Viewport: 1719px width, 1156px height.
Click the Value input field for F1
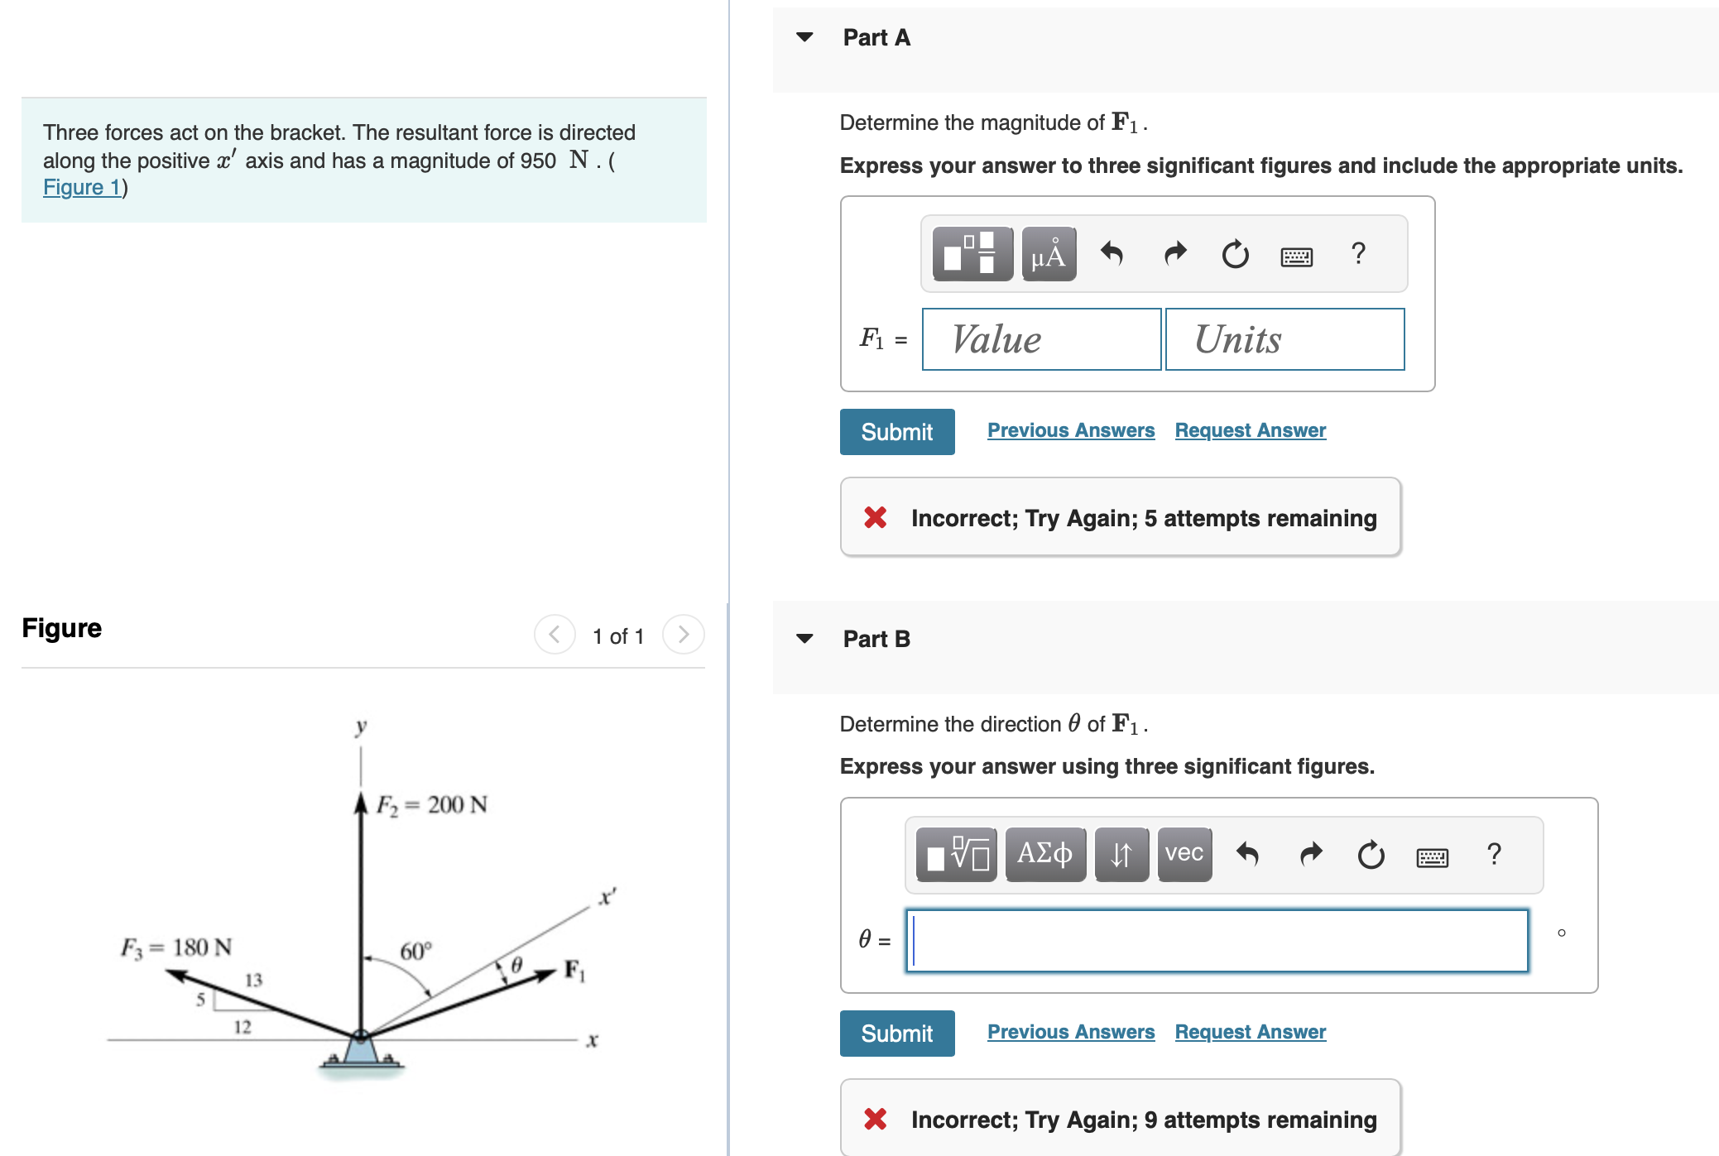pyautogui.click(x=1040, y=339)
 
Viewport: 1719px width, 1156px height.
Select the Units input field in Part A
pyautogui.click(x=1284, y=339)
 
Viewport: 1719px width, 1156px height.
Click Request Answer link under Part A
pyautogui.click(x=1250, y=430)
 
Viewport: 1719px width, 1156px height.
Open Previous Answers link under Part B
pyautogui.click(x=1070, y=1032)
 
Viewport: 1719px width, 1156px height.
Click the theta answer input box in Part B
pyautogui.click(x=1217, y=941)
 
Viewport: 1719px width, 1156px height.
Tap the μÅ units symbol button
pyautogui.click(x=1048, y=254)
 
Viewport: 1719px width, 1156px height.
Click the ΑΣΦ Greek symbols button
pyautogui.click(x=1044, y=854)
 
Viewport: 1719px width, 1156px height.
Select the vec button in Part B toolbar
pyautogui.click(x=1184, y=854)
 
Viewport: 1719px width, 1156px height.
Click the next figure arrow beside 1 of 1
pyautogui.click(x=683, y=635)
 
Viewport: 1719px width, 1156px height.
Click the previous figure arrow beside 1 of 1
pyautogui.click(x=555, y=635)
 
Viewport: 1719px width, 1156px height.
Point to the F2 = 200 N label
pyautogui.click(x=431, y=805)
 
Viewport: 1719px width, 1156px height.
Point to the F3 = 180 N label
pyautogui.click(x=176, y=947)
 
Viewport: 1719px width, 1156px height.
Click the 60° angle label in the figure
pyautogui.click(x=415, y=952)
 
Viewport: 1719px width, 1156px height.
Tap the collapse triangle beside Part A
pyautogui.click(x=804, y=37)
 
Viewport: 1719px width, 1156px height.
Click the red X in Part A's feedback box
pyautogui.click(x=875, y=518)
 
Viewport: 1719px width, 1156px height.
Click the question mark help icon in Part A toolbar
pyautogui.click(x=1357, y=253)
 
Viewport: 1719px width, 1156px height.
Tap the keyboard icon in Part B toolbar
pyautogui.click(x=1432, y=857)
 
